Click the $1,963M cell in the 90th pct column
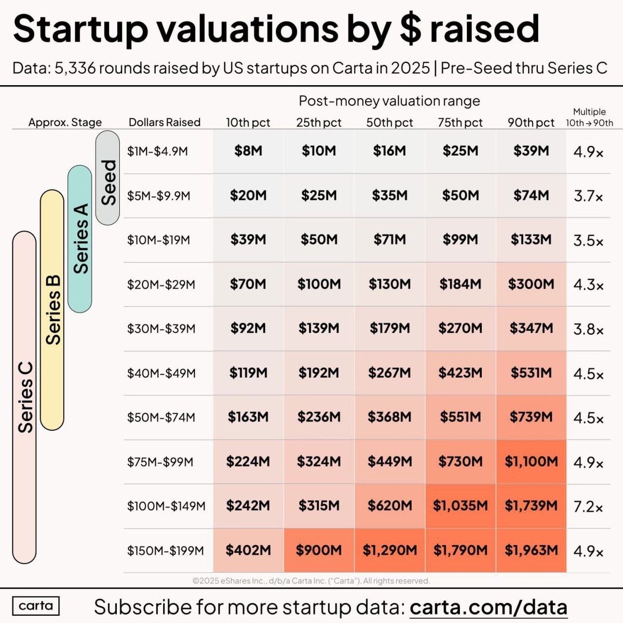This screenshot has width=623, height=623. [531, 550]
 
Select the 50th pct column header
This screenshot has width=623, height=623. [389, 123]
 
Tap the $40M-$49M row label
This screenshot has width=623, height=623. [161, 373]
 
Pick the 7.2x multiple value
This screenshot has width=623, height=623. [588, 507]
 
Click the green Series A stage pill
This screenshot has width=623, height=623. [80, 239]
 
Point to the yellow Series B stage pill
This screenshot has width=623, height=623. [52, 310]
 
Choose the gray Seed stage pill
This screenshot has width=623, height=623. [108, 178]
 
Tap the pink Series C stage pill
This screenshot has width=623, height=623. [24, 397]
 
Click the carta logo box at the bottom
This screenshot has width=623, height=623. [36, 606]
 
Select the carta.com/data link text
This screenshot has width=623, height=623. [488, 607]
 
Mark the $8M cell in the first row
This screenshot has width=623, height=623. [248, 151]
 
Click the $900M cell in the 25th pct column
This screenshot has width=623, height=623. [319, 550]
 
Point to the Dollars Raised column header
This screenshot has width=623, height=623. [164, 123]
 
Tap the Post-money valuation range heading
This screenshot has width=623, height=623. [389, 101]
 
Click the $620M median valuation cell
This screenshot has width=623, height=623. [389, 506]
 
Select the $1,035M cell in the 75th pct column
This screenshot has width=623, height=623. [460, 506]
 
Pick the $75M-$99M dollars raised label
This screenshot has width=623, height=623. [160, 462]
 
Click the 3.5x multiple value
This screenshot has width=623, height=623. [588, 241]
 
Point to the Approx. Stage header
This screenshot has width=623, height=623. [65, 123]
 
